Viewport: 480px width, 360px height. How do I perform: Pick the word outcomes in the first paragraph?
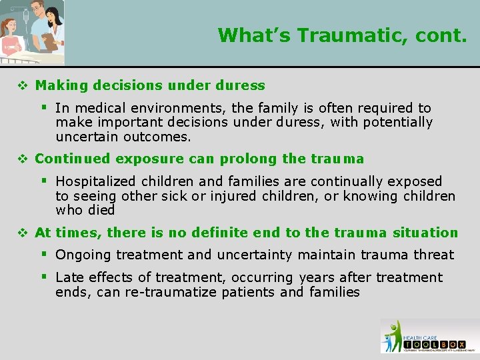(159, 137)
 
